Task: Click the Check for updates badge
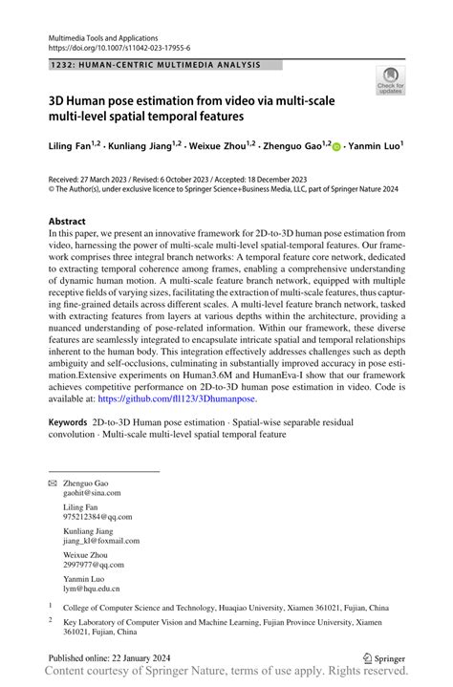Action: [x=389, y=81]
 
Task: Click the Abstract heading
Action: [x=66, y=220]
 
